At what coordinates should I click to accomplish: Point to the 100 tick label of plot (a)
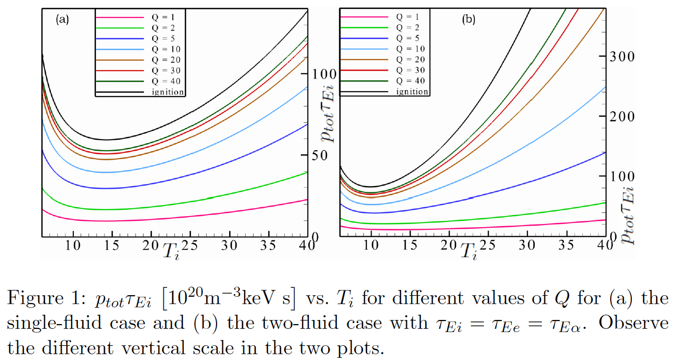click(x=324, y=74)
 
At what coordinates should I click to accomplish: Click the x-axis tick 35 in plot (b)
click(x=565, y=246)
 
